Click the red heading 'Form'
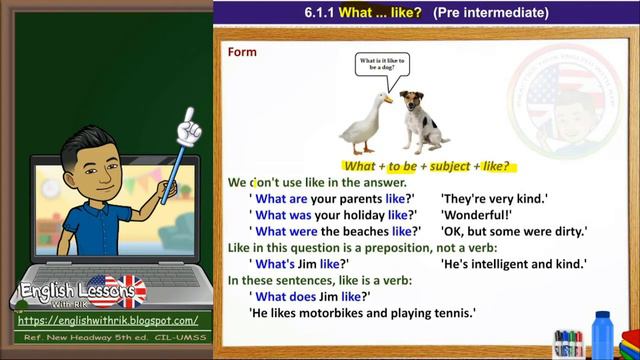(242, 51)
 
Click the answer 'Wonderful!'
(476, 214)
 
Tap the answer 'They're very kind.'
(494, 198)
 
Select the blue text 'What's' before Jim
(275, 264)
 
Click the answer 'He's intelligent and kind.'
(513, 264)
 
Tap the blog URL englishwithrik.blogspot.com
(108, 321)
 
